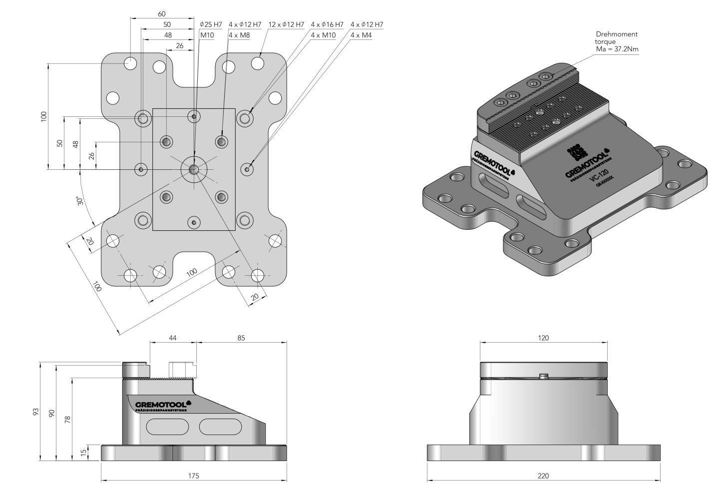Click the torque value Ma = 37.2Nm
[x=617, y=49]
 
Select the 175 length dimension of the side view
[x=194, y=476]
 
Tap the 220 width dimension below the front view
[x=543, y=476]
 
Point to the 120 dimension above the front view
[x=543, y=338]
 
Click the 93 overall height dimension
[x=36, y=412]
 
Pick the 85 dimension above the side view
[x=241, y=338]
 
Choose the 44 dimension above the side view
[x=173, y=338]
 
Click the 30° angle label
[x=80, y=201]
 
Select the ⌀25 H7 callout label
[x=211, y=24]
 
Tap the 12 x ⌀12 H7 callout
[x=286, y=24]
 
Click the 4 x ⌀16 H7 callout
[x=327, y=24]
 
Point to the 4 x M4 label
[x=361, y=35]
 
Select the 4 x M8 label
[x=239, y=35]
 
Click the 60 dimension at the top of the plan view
[x=161, y=14]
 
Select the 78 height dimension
[x=68, y=419]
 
